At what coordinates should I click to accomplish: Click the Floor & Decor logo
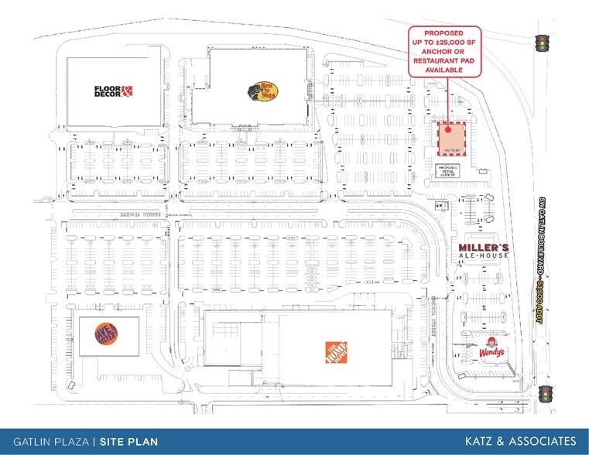point(114,91)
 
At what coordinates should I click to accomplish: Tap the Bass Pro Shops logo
point(259,91)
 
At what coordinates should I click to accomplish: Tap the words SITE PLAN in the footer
point(129,442)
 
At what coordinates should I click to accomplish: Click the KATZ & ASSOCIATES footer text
point(520,441)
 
